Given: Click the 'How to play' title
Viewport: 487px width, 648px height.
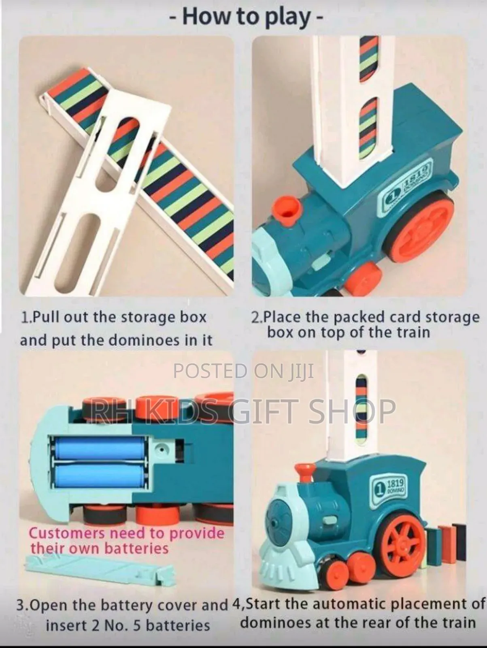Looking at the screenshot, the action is [x=246, y=17].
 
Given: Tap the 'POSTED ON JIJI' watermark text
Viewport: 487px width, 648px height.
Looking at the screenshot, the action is [x=244, y=371].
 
